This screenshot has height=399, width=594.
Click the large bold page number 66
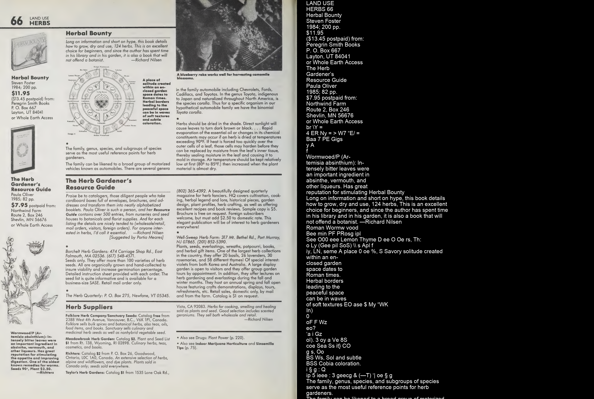[17, 21]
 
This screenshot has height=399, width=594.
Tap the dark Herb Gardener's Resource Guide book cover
[23, 149]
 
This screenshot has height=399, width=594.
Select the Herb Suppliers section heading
[89, 307]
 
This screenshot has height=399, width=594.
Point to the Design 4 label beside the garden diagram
[71, 134]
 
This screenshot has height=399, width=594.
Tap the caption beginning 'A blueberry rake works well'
[223, 76]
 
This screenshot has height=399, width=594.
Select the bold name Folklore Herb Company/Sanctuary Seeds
[101, 316]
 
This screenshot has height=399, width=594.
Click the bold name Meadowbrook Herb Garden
[90, 339]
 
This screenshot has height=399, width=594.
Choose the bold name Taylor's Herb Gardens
[85, 373]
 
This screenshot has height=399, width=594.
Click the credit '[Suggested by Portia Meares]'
[136, 237]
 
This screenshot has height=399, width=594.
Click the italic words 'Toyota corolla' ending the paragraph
[189, 112]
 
